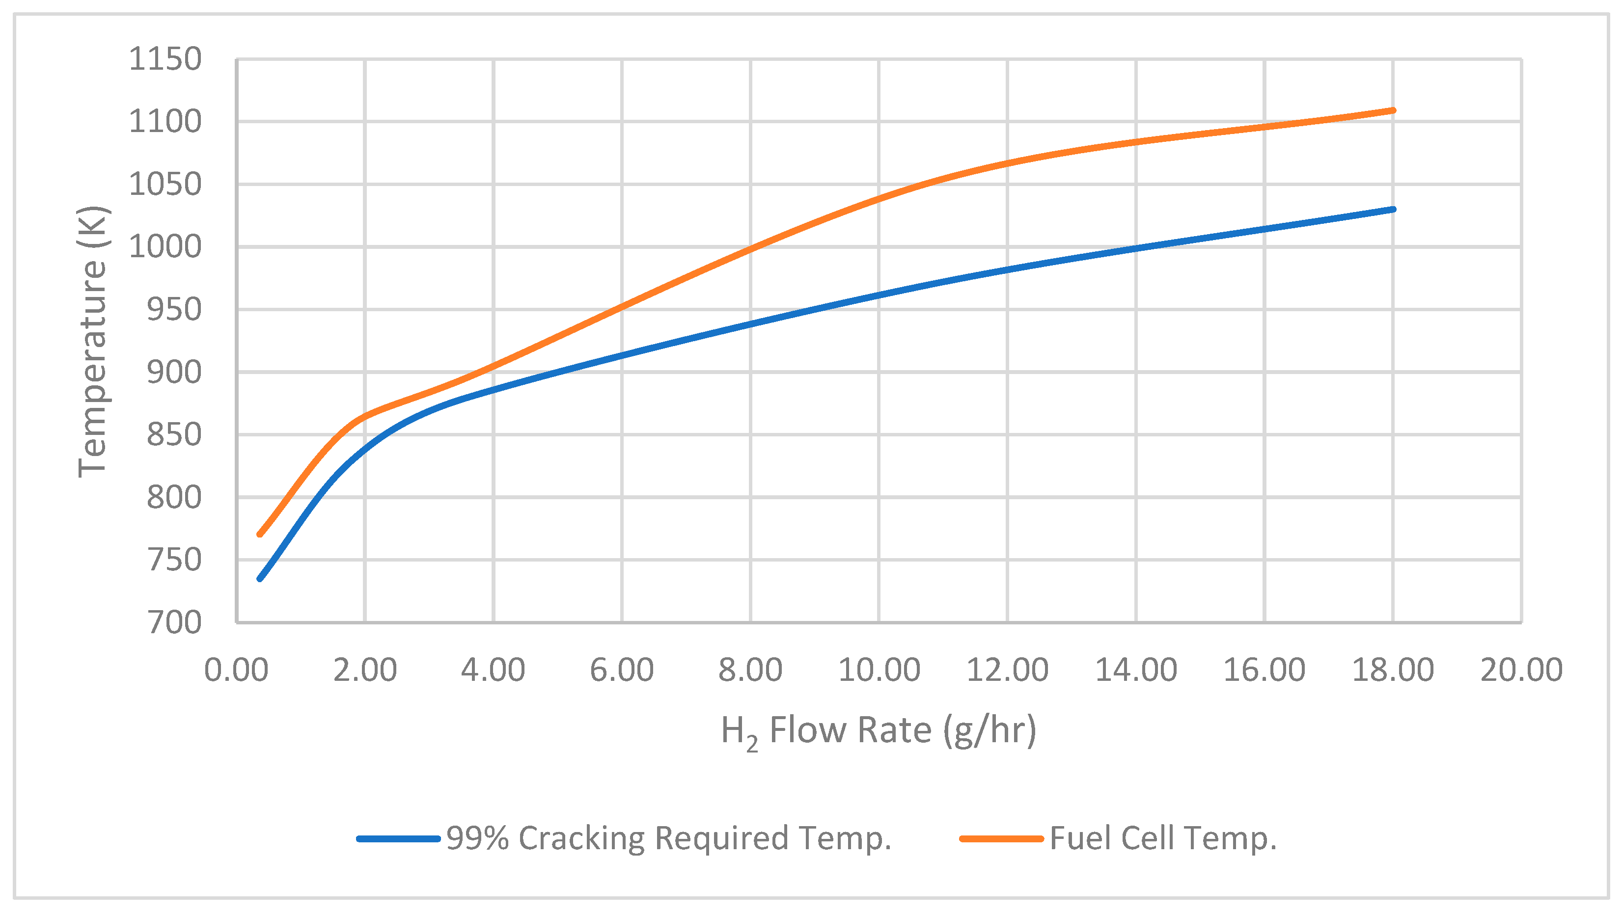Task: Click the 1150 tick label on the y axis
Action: click(165, 59)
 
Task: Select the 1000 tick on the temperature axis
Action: click(165, 247)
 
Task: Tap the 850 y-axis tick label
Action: click(174, 435)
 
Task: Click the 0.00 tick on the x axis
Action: click(236, 670)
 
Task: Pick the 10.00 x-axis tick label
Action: click(879, 670)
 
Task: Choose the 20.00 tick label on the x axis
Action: click(1521, 670)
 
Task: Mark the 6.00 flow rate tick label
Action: click(622, 670)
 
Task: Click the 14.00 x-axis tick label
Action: click(1136, 670)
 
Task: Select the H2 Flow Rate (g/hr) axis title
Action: click(879, 731)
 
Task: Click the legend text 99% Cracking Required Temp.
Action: click(669, 838)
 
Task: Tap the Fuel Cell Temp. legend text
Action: click(1162, 838)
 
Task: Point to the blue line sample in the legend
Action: click(398, 839)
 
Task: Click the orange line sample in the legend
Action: click(1001, 839)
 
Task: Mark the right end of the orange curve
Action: click(1393, 110)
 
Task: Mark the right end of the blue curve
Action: click(1393, 209)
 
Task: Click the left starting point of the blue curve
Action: click(259, 578)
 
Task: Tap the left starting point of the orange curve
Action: click(259, 535)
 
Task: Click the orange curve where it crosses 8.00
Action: click(750, 249)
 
